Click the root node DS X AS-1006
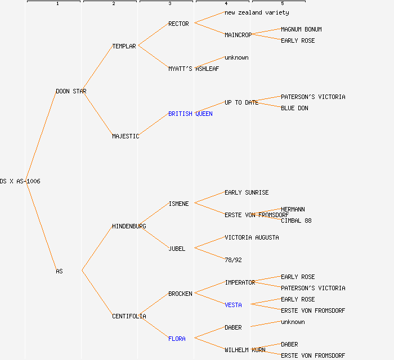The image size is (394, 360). (x=20, y=181)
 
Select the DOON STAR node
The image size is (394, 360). (x=71, y=91)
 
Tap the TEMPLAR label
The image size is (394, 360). (x=124, y=46)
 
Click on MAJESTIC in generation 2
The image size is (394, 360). (x=126, y=136)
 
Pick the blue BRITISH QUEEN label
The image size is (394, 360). (x=190, y=114)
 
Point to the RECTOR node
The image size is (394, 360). (x=178, y=24)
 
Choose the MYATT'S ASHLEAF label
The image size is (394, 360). (x=194, y=69)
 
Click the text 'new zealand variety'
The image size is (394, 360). (x=257, y=12)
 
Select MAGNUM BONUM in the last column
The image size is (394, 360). (x=301, y=29)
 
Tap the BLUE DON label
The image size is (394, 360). (x=294, y=108)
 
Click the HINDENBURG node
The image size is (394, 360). (x=129, y=226)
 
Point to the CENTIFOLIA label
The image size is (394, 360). (x=129, y=316)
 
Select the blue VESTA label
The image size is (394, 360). (x=233, y=305)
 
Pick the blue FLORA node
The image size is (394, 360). (x=177, y=339)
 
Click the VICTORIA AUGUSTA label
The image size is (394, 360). (x=252, y=237)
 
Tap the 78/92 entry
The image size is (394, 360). (x=233, y=260)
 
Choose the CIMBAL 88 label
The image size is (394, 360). (x=296, y=220)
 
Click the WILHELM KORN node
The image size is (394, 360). (x=245, y=350)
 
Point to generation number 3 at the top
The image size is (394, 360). (x=169, y=4)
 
